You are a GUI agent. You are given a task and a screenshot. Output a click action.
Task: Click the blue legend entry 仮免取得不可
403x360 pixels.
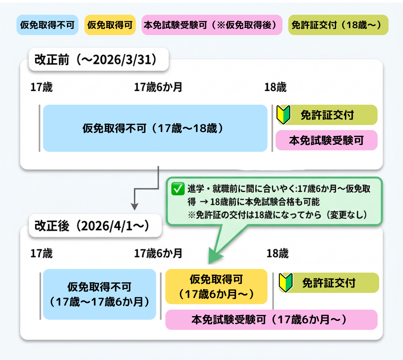[47, 25]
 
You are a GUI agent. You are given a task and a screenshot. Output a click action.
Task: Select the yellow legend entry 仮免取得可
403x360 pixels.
[110, 25]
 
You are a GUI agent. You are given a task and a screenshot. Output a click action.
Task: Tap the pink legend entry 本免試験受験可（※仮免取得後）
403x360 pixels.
[212, 25]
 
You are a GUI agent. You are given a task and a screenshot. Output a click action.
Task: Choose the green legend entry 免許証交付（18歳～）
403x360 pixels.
[338, 25]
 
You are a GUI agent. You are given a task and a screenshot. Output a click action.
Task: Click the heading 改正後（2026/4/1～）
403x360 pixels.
[92, 226]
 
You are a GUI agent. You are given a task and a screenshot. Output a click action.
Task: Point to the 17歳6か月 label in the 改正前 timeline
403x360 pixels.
[158, 87]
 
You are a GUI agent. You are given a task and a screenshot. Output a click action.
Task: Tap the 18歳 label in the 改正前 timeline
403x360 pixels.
[275, 87]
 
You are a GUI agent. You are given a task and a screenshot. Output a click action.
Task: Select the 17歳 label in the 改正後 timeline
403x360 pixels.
[42, 253]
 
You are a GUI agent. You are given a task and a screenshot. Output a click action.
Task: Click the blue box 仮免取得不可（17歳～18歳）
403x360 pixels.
[155, 128]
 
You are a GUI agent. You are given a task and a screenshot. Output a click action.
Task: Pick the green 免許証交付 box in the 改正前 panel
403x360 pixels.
[326, 115]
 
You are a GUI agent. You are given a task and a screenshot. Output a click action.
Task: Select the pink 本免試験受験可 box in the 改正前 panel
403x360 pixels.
[326, 141]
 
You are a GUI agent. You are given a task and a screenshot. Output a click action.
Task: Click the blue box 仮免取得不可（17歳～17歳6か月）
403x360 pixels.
[99, 294]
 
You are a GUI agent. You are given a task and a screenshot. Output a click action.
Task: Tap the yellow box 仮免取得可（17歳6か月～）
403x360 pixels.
[216, 286]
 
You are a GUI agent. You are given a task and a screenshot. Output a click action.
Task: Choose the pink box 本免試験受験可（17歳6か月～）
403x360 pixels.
[271, 320]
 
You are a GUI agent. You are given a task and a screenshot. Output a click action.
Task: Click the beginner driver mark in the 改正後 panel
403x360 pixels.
[285, 283]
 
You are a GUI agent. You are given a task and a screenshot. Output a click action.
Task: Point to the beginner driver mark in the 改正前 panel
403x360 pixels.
[283, 115]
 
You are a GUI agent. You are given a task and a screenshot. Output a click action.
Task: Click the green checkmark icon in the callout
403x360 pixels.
[177, 189]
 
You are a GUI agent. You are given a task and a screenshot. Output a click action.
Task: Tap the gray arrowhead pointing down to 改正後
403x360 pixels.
[135, 206]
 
